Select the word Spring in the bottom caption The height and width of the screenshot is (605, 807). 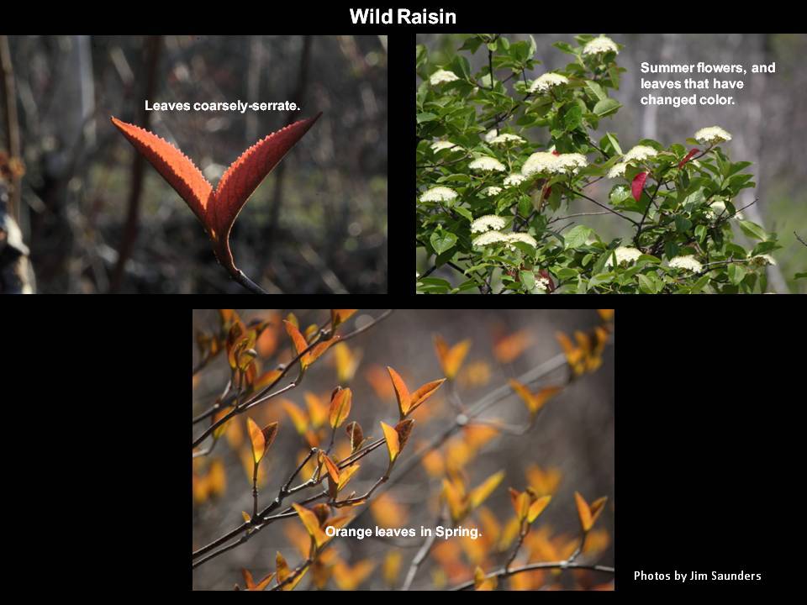tap(458, 531)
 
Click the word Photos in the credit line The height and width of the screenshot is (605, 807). tap(650, 576)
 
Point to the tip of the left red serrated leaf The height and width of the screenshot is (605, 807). tap(112, 118)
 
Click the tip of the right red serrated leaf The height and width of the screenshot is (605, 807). tap(320, 113)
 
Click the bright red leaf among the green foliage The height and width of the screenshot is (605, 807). tap(639, 186)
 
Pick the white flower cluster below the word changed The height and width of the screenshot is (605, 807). tap(712, 134)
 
